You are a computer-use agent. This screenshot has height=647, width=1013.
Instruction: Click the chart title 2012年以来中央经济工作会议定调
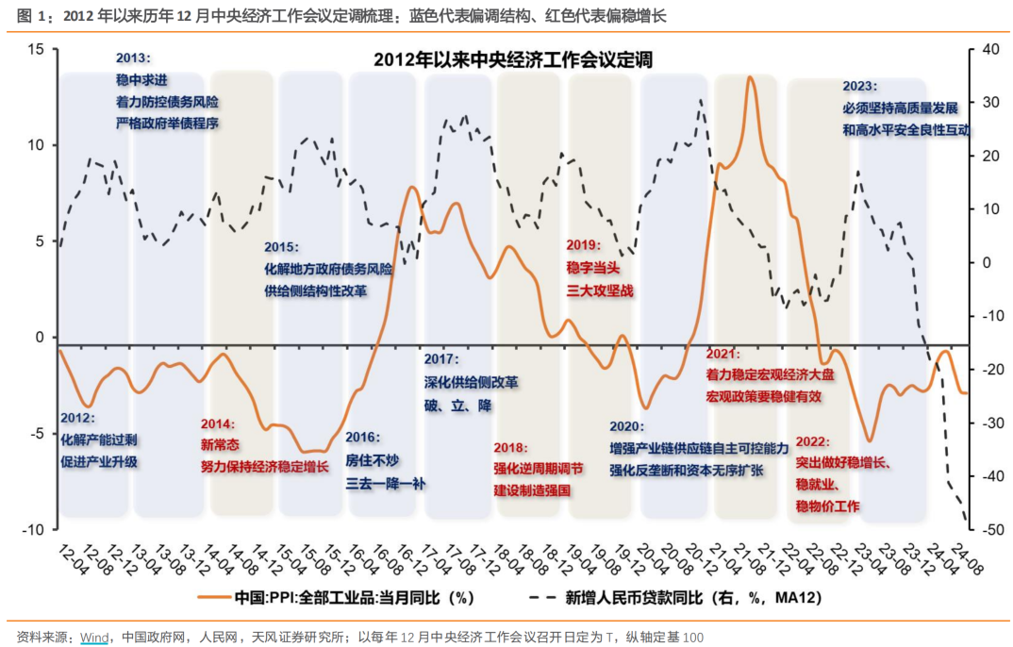pos(513,59)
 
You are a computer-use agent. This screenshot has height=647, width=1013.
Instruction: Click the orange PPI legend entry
pos(335,597)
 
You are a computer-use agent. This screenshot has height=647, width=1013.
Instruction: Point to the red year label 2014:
pos(219,423)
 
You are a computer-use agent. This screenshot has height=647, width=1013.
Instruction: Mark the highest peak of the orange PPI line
pos(750,78)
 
